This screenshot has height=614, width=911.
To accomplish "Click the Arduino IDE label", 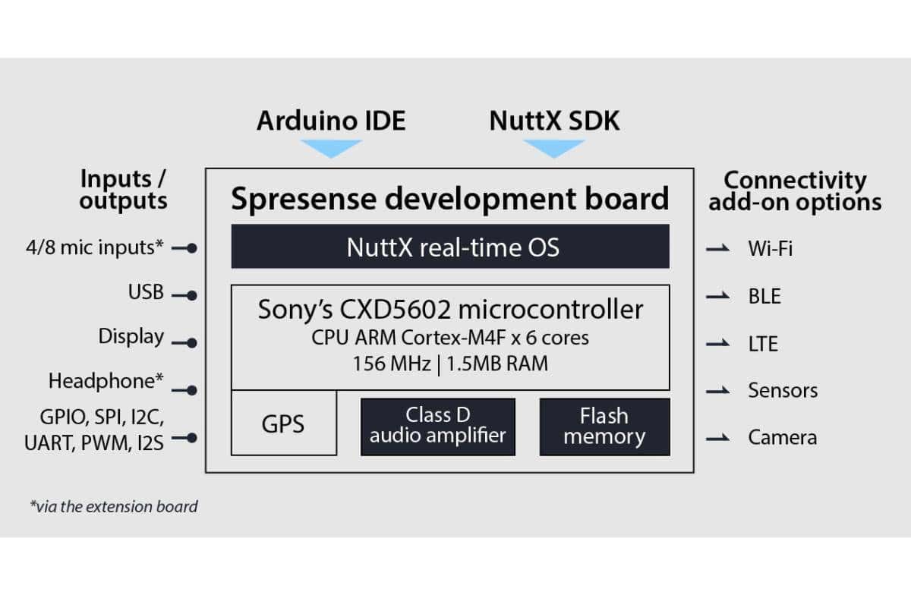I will coord(330,121).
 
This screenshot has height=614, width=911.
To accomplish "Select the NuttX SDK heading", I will coord(554,121).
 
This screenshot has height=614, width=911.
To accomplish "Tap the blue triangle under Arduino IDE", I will coord(330,148).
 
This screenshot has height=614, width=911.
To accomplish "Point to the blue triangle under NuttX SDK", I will coord(554,148).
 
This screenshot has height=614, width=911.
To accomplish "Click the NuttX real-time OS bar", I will coord(450,247).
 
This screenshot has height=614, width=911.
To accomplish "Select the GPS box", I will coord(283,424).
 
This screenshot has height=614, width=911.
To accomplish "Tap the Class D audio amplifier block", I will coord(437,426).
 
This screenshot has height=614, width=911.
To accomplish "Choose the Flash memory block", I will coord(604,426).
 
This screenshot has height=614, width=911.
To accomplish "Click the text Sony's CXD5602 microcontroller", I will coord(450,310).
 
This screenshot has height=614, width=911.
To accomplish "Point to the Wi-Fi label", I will coord(770,248).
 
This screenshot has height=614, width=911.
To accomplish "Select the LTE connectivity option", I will coord(763,344).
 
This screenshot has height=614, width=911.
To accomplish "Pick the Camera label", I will coord(782,437).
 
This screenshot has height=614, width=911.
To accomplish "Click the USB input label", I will coord(146,292).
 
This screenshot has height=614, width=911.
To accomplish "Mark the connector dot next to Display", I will coord(192,343).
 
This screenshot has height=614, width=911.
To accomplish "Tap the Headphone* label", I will coord(106,380).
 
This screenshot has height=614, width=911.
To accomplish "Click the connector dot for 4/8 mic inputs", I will coord(192,247).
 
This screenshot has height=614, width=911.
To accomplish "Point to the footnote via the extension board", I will coord(114,506).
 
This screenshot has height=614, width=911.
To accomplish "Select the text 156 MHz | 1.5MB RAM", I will coord(450,363).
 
